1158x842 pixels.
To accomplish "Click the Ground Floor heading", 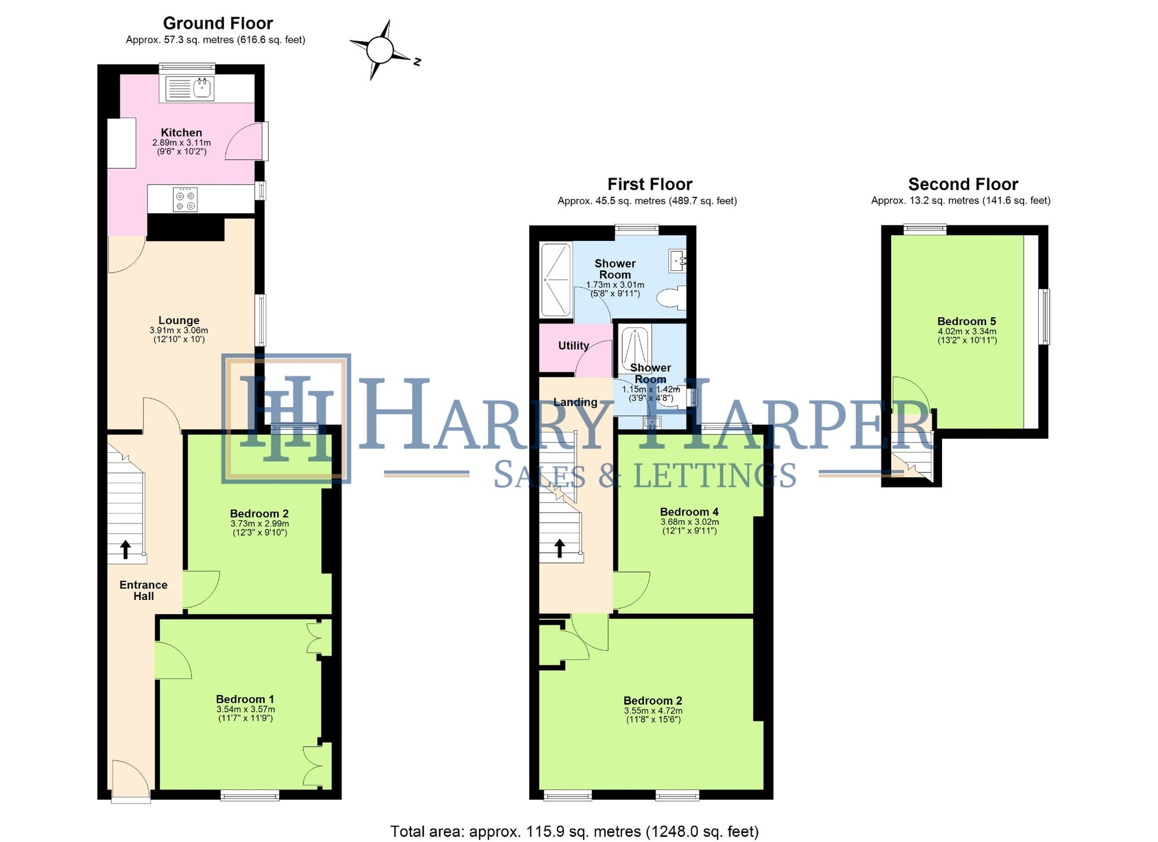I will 218,23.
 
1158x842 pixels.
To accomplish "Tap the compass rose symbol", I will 380,50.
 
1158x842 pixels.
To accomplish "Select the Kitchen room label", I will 181,133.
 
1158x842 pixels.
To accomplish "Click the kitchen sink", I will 202,89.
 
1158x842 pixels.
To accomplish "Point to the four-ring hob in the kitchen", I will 185,199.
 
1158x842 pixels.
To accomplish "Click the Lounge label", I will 179,320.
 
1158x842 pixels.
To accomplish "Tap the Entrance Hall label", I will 144,590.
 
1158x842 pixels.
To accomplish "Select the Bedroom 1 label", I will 245,699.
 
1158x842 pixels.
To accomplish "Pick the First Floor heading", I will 650,184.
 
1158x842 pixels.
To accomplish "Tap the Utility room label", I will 573,346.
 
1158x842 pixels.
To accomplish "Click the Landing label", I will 575,402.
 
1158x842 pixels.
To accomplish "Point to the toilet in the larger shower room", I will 672,298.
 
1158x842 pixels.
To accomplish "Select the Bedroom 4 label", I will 689,512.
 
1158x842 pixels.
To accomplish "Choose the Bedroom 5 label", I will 966,321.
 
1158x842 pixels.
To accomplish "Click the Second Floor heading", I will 963,184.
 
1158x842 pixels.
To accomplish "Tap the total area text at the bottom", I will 574,832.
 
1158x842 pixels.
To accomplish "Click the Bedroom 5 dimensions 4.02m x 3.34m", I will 967,332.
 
